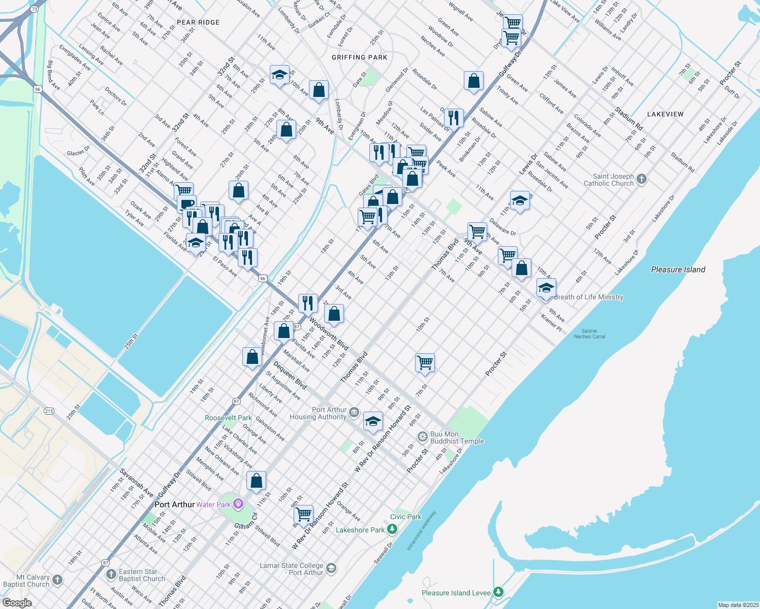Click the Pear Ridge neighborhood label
tap(198, 22)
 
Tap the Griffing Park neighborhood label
tap(359, 57)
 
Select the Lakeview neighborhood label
tap(666, 114)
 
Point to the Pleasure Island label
tap(678, 269)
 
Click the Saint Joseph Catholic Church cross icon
tap(642, 179)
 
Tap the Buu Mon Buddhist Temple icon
tap(422, 436)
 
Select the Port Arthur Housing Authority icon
tap(354, 412)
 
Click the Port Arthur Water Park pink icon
tap(239, 504)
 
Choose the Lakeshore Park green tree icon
tap(392, 529)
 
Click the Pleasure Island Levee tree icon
tap(498, 592)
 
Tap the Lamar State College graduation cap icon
tap(331, 568)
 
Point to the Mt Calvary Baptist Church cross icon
tap(57, 580)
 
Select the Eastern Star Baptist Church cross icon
tap(111, 574)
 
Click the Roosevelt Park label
tap(228, 418)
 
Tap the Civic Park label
tap(406, 517)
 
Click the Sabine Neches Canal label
tap(589, 333)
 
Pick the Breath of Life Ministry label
tap(589, 297)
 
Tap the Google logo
tap(17, 603)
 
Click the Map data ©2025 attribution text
tap(738, 605)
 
